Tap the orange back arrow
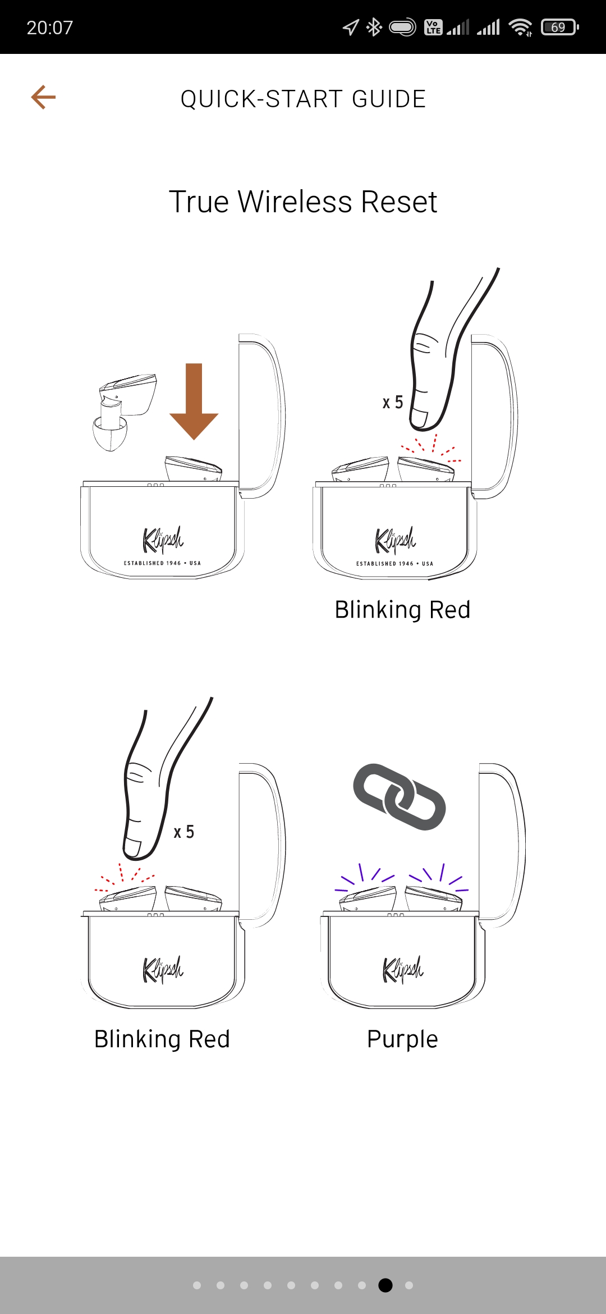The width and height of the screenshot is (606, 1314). pyautogui.click(x=43, y=97)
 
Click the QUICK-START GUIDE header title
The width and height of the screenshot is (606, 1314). pyautogui.click(x=303, y=99)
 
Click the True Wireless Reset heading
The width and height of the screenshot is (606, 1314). pyautogui.click(x=303, y=202)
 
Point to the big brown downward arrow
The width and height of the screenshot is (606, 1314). pyautogui.click(x=194, y=401)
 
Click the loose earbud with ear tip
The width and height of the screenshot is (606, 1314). pyautogui.click(x=123, y=411)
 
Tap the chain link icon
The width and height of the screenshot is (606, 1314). pyautogui.click(x=400, y=796)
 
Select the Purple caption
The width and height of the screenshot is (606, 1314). pyautogui.click(x=402, y=1039)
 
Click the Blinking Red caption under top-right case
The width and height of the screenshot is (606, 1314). pyautogui.click(x=402, y=609)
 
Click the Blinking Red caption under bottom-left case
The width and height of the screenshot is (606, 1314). pyautogui.click(x=162, y=1039)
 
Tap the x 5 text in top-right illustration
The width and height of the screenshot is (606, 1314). pyautogui.click(x=393, y=402)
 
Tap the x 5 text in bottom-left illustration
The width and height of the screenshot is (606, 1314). pyautogui.click(x=184, y=832)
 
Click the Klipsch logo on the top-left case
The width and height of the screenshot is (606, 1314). pyautogui.click(x=163, y=540)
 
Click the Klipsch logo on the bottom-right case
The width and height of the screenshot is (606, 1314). pyautogui.click(x=403, y=969)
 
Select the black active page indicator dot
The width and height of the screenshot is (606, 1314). pyautogui.click(x=385, y=1285)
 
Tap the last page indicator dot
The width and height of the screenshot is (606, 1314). pyautogui.click(x=409, y=1285)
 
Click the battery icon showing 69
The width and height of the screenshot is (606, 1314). pyautogui.click(x=559, y=27)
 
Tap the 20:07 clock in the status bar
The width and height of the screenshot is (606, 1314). pyautogui.click(x=50, y=28)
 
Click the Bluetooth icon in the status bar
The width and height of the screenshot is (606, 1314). pyautogui.click(x=374, y=27)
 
